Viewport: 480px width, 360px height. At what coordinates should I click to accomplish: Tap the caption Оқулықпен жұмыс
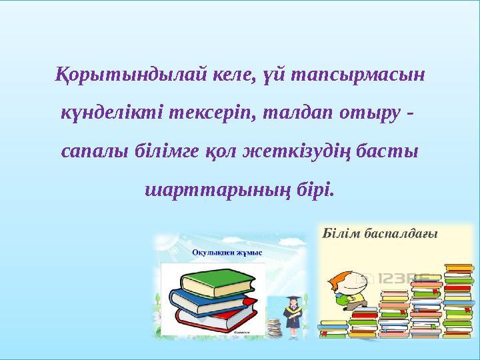coord(227,252)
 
